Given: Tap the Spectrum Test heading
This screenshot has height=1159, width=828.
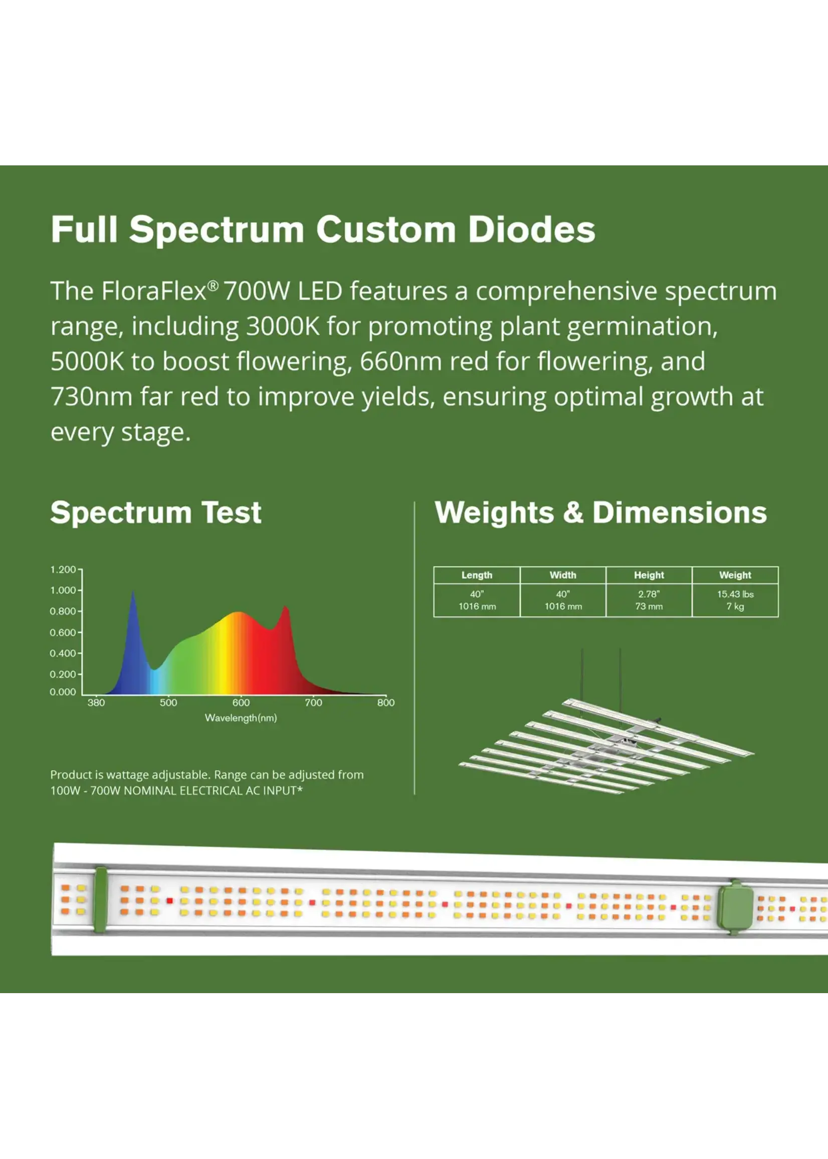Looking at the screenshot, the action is [x=156, y=512].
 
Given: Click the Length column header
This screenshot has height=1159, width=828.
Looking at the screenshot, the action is [x=477, y=575].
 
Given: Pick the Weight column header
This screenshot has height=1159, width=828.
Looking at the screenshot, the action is [x=735, y=575].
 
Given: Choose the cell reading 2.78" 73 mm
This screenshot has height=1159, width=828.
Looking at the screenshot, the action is [x=649, y=600].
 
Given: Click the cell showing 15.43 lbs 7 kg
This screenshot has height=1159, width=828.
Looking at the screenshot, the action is [x=735, y=600].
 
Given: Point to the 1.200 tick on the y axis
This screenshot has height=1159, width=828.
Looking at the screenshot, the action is [x=63, y=569].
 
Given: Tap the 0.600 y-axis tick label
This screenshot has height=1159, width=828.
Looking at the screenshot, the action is [x=63, y=632].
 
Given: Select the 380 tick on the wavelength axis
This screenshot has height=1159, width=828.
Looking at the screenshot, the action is [x=96, y=703].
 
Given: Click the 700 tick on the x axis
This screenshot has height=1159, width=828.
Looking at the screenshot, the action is [x=313, y=703].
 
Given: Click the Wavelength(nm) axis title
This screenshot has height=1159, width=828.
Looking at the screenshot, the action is [x=241, y=718].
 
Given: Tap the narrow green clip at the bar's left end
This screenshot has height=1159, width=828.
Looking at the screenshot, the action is [x=101, y=899].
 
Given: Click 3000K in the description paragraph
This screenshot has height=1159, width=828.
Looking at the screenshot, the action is [x=283, y=326].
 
